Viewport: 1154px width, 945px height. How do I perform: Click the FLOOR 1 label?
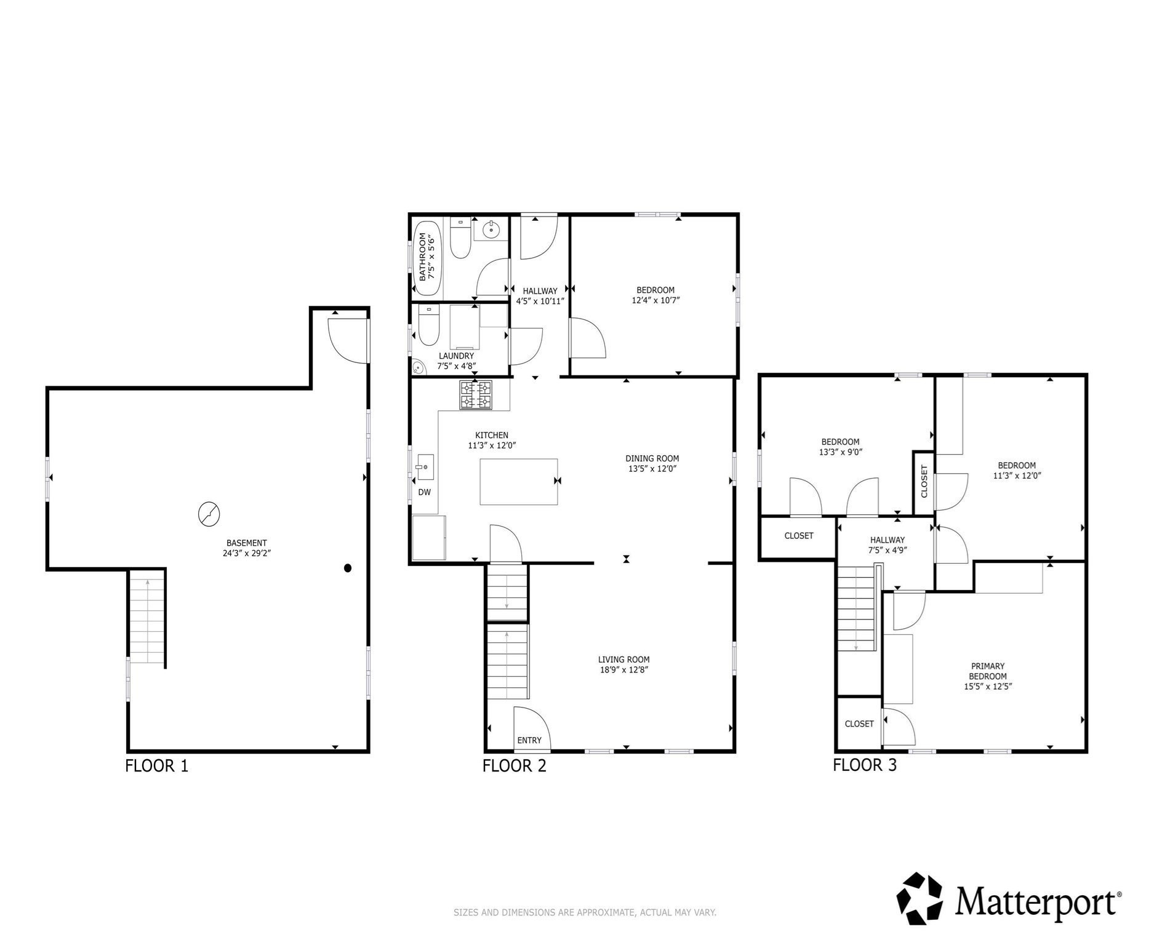point(156,766)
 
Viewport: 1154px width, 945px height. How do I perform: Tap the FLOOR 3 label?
point(864,765)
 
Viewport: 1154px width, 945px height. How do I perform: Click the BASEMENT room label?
point(246,543)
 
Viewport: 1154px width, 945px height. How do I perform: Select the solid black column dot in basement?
point(348,568)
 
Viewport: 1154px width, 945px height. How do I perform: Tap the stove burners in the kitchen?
point(476,395)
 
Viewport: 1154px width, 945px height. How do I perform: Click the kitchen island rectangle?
point(518,482)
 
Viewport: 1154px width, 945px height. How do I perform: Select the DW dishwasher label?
point(424,493)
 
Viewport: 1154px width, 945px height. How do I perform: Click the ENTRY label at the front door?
point(529,740)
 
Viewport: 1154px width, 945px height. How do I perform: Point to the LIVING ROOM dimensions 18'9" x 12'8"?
point(624,670)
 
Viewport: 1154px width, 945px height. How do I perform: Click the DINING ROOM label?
point(652,458)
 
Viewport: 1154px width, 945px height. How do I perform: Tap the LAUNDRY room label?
point(456,356)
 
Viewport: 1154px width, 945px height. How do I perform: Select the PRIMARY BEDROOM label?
point(987,671)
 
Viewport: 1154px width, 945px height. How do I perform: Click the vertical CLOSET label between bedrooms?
point(924,482)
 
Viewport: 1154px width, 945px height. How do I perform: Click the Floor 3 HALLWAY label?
point(887,540)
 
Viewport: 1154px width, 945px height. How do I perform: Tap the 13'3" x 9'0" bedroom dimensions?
point(840,452)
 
